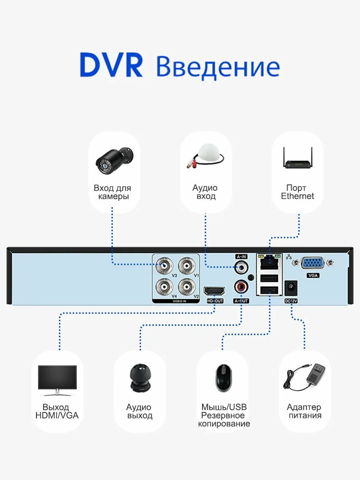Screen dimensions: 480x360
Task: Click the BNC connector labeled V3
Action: click(x=164, y=265)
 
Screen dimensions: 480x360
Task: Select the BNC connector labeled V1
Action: click(x=186, y=265)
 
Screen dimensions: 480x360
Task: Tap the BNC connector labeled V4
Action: click(x=164, y=286)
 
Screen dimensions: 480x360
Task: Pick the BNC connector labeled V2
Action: click(x=186, y=286)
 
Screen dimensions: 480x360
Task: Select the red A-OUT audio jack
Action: click(x=242, y=287)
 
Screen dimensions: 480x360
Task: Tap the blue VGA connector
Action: click(x=313, y=263)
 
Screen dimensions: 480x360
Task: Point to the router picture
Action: click(x=298, y=159)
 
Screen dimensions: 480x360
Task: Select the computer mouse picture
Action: click(x=223, y=378)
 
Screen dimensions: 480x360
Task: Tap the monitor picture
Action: click(x=57, y=379)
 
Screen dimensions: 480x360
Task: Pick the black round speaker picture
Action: click(x=140, y=378)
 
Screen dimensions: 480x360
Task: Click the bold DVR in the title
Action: click(x=111, y=65)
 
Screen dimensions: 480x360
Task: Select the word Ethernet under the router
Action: click(x=298, y=196)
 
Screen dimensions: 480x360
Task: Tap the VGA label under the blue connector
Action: click(x=312, y=276)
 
